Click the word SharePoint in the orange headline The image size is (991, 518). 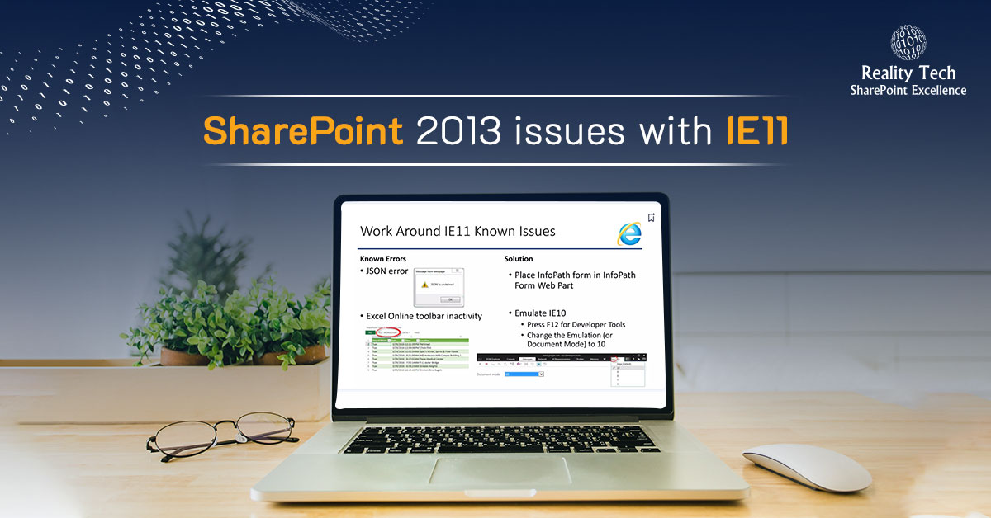(302, 132)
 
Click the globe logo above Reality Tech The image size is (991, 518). (908, 43)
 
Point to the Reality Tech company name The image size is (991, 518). (908, 73)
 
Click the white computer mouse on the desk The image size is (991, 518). (806, 466)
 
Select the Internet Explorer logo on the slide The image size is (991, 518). (629, 233)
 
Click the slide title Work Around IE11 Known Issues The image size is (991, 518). (458, 232)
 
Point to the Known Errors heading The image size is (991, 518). (382, 259)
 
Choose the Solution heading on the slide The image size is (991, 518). (519, 259)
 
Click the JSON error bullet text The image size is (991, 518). (386, 272)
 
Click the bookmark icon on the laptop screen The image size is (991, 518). (652, 218)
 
